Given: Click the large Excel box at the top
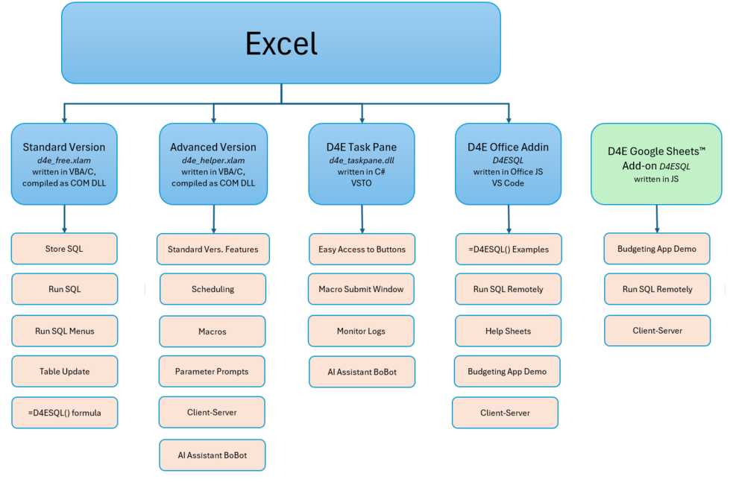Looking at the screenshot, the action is point(281,43).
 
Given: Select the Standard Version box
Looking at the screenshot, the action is point(64,164).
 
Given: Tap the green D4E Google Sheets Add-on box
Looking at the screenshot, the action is point(656,164).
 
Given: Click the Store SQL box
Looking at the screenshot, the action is point(64,249).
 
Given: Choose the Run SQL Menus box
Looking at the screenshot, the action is point(65,331).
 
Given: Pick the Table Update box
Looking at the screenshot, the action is point(65,371).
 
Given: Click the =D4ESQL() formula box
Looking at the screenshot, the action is point(65,413).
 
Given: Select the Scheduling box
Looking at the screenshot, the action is point(213,289).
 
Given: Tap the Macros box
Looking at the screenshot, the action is point(213,332).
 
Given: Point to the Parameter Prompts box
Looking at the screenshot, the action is point(212,371).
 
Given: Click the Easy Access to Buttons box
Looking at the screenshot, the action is point(362,250).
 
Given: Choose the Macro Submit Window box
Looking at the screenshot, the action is point(361,289).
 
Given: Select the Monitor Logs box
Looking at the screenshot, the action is point(361,331).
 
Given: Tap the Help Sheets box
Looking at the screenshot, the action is point(508,331).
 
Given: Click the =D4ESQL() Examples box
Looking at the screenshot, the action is point(509,250).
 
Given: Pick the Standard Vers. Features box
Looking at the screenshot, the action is point(213,250).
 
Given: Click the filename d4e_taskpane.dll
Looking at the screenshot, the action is point(362,160).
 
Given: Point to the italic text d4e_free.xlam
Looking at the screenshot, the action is point(64,160).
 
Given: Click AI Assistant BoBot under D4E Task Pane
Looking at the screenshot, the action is point(362,372).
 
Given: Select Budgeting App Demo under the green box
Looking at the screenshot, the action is point(657,249).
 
